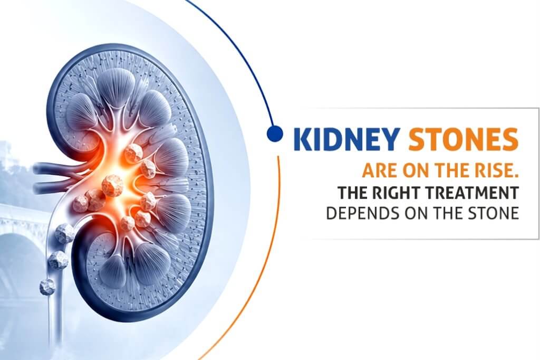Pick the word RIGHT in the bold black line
pos(397,193)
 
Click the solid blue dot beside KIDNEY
pos(275,134)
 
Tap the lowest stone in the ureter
pos(47,287)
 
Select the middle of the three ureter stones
pos(58,260)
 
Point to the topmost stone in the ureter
pos(64,233)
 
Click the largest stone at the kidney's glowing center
pos(113,185)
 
